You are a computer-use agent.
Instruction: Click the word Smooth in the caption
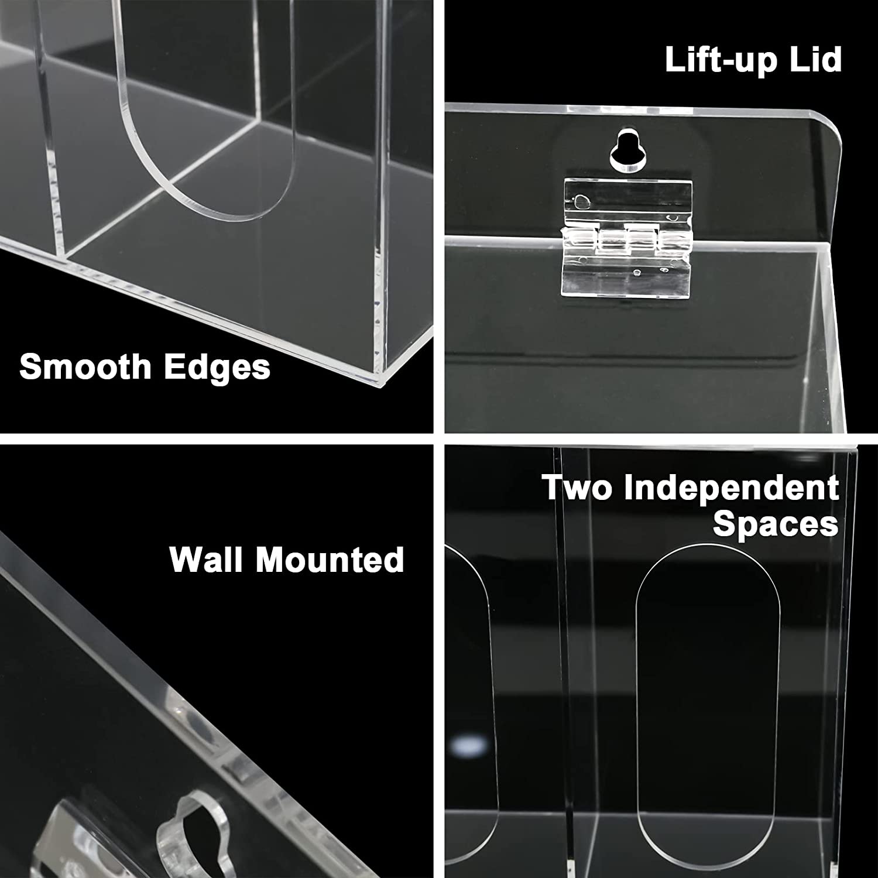(x=85, y=366)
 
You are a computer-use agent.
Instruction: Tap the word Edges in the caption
(x=217, y=366)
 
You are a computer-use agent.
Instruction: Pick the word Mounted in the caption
(x=330, y=559)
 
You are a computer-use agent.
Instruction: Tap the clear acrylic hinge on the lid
(x=626, y=239)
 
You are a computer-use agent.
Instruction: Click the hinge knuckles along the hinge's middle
(x=626, y=239)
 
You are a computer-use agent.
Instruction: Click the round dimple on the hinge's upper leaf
(x=580, y=202)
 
